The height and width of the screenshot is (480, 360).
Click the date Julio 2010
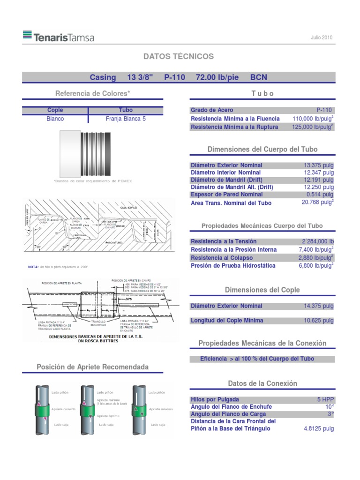[x=322, y=37]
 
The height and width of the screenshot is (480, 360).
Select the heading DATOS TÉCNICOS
[x=178, y=57]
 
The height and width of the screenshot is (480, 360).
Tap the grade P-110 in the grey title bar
[x=174, y=77]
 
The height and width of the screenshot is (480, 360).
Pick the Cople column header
[x=55, y=110]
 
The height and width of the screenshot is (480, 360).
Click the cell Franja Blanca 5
[x=126, y=119]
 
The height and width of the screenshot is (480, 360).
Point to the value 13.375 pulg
[x=319, y=165]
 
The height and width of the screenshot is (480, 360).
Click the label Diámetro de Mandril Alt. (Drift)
[x=232, y=187]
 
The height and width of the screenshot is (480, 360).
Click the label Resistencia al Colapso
[x=222, y=258]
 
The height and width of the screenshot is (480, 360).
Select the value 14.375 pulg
[x=319, y=306]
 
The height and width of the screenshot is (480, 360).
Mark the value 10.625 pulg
[x=319, y=321]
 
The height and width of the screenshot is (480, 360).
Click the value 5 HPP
[x=325, y=400]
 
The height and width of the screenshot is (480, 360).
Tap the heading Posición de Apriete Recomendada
[x=93, y=367]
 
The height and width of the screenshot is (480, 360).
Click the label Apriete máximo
[x=161, y=409]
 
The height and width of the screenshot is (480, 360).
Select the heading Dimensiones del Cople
[x=262, y=290]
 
